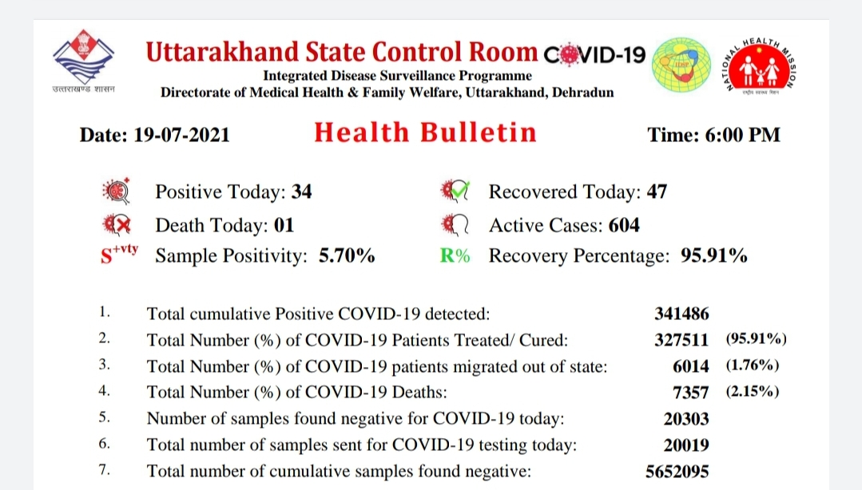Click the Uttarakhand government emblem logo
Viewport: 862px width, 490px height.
click(84, 61)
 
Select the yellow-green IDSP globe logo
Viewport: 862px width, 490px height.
click(681, 65)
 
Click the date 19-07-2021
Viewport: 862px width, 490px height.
click(181, 135)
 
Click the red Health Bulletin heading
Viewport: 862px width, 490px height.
click(425, 133)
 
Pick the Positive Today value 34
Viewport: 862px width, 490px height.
click(301, 192)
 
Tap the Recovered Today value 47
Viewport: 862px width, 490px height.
click(657, 192)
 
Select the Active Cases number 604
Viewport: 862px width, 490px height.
click(624, 225)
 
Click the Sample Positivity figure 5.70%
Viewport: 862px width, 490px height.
click(347, 255)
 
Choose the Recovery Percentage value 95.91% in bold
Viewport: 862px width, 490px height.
click(714, 255)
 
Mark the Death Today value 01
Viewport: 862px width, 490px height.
click(284, 225)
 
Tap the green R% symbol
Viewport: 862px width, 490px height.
click(455, 255)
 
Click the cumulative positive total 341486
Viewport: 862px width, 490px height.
click(681, 314)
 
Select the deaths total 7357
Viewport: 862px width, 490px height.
click(691, 393)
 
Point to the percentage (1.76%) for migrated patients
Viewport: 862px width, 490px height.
click(753, 366)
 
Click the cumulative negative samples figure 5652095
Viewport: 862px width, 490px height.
click(677, 472)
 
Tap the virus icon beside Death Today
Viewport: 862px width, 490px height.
click(117, 225)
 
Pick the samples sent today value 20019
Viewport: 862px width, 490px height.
click(686, 445)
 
